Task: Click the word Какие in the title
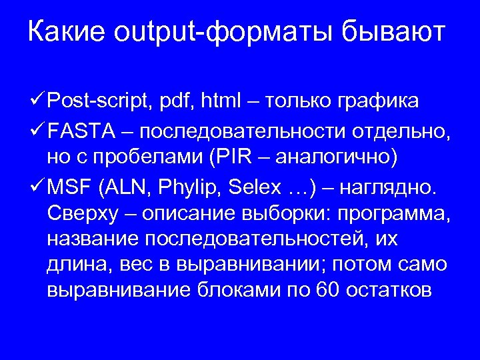pyautogui.click(x=66, y=31)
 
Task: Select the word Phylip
pyautogui.click(x=193, y=189)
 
